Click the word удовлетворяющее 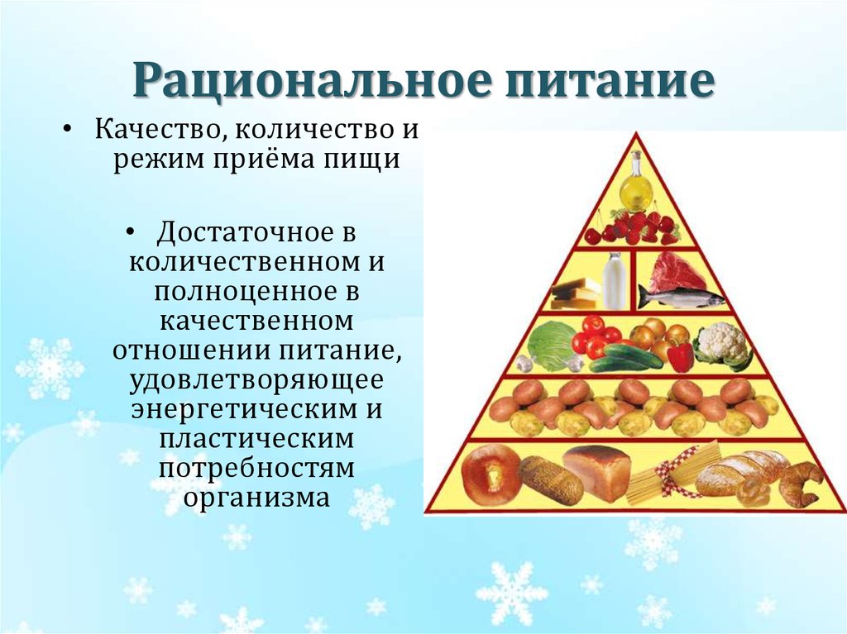tap(257, 382)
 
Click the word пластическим tap(257, 440)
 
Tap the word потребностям tap(257, 470)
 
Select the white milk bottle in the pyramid tap(615, 281)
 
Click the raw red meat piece tap(677, 272)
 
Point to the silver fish tap(680, 297)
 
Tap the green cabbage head tap(552, 345)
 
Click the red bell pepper tap(680, 357)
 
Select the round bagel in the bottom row tap(490, 475)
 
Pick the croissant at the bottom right tap(799, 484)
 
